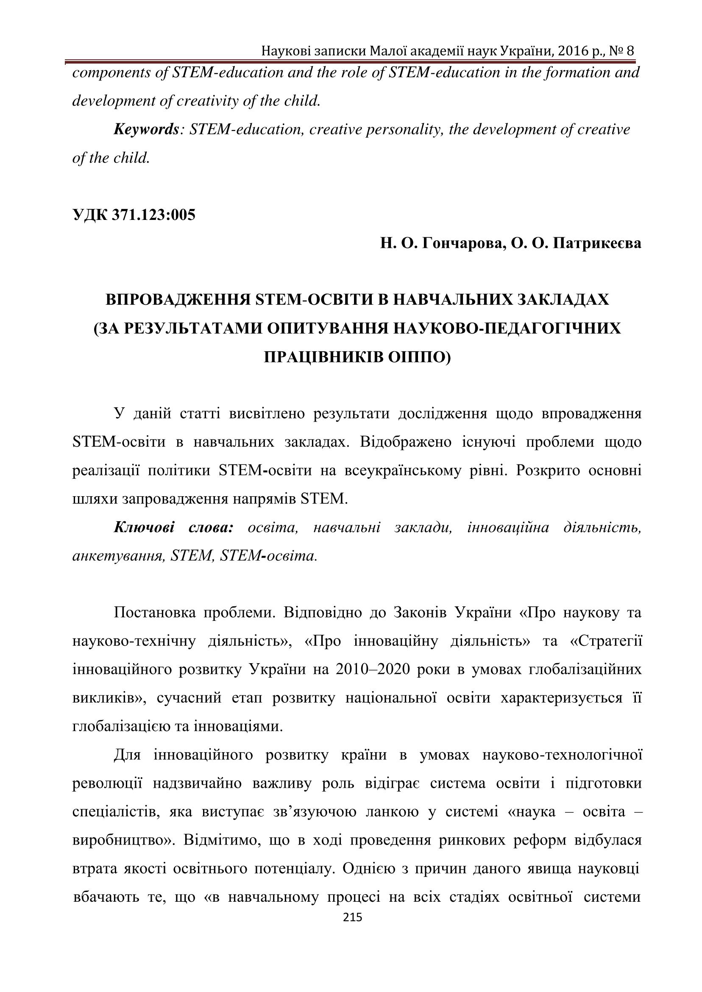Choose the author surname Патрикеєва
point(596,244)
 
